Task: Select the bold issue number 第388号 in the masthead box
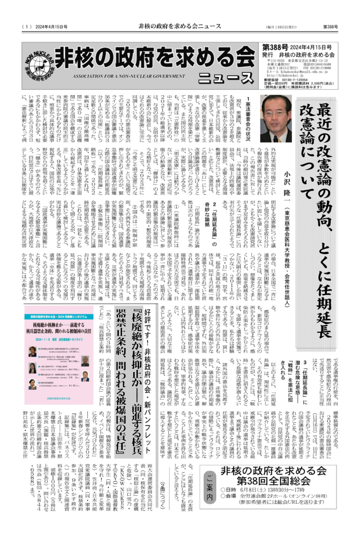(x=278, y=47)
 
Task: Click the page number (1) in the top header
(x=28, y=26)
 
